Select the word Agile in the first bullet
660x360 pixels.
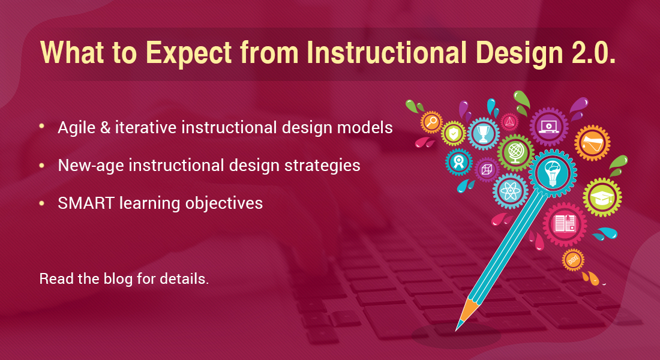(x=76, y=128)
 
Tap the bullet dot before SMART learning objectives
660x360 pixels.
(x=41, y=203)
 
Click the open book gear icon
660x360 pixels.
(x=565, y=224)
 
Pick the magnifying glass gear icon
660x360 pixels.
(x=431, y=123)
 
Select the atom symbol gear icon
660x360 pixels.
(x=511, y=191)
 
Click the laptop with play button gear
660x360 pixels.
(x=548, y=127)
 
